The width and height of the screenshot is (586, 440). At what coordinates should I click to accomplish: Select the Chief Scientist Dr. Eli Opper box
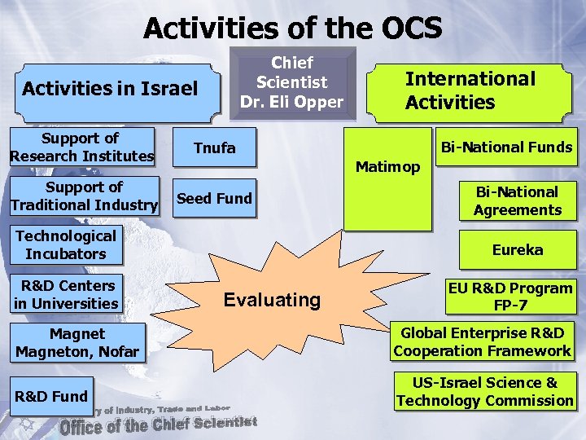(x=291, y=82)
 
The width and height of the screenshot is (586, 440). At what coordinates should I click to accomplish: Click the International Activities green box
(x=470, y=90)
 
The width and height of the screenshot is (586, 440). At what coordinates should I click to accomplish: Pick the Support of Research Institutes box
(x=81, y=147)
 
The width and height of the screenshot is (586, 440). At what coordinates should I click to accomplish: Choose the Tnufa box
(x=215, y=147)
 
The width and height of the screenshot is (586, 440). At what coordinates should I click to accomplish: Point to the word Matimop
(x=388, y=167)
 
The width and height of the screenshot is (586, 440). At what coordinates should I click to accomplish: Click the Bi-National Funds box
(x=506, y=147)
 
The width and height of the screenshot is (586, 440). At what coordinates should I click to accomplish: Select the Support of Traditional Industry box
(x=84, y=196)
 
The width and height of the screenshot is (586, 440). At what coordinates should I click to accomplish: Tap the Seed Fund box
(x=215, y=198)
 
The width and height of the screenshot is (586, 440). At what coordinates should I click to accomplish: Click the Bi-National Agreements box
(x=517, y=200)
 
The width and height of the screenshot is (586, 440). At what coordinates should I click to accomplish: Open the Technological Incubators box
(x=66, y=245)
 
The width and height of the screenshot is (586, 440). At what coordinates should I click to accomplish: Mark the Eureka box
(x=517, y=249)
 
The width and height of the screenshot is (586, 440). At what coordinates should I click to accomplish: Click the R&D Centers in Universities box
(x=66, y=294)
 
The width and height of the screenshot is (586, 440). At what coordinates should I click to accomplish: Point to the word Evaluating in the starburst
(x=272, y=300)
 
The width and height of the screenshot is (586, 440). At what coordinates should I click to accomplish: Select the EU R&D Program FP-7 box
(x=510, y=297)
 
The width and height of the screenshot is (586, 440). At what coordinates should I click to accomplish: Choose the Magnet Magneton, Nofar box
(x=77, y=343)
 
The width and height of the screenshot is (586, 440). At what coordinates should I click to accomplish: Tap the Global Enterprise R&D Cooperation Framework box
(x=483, y=341)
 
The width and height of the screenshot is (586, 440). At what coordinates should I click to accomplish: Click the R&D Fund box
(x=50, y=396)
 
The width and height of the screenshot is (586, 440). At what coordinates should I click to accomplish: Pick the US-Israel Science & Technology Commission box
(x=484, y=391)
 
